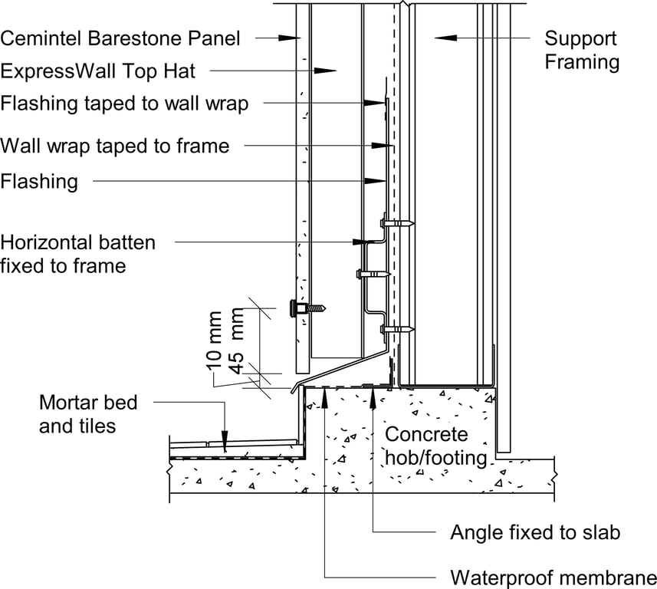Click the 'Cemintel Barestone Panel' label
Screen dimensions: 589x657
click(x=120, y=38)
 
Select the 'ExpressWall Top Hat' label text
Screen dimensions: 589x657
click(x=98, y=71)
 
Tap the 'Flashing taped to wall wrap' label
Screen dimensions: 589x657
click(x=124, y=103)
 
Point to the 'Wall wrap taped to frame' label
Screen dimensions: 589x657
click(x=115, y=145)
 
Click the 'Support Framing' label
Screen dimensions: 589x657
click(x=582, y=51)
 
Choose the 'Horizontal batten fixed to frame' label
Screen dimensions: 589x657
click(x=77, y=254)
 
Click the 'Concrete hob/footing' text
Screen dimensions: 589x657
click(x=435, y=446)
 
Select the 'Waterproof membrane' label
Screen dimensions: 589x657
click(x=553, y=577)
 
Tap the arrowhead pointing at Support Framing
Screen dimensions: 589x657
click(x=440, y=37)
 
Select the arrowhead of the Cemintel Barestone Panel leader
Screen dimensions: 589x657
click(x=291, y=37)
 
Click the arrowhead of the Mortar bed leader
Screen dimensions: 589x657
click(x=224, y=444)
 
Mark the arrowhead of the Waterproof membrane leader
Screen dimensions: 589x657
click(x=325, y=393)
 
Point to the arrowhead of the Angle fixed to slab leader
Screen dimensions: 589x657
click(x=373, y=393)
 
